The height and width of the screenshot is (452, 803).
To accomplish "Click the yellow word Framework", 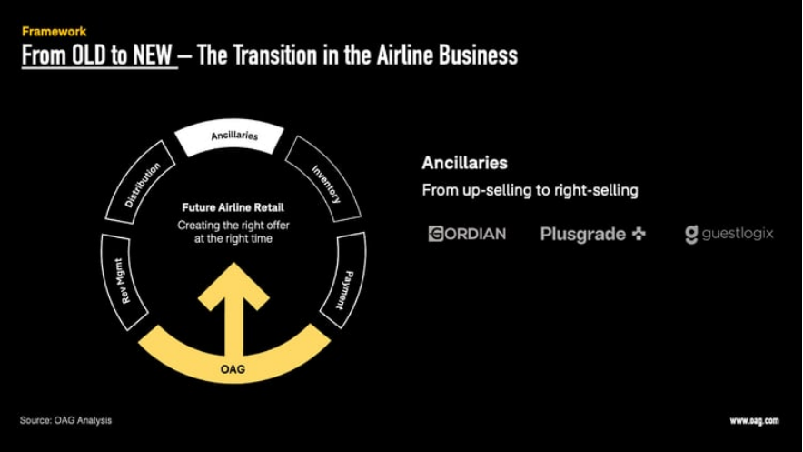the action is [x=54, y=31].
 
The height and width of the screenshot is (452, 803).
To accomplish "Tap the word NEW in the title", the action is [x=152, y=55].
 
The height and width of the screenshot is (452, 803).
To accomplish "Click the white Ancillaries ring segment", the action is [x=230, y=136].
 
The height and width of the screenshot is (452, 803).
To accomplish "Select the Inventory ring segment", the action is [x=324, y=179].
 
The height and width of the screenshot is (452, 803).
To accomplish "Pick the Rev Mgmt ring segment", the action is [x=123, y=281].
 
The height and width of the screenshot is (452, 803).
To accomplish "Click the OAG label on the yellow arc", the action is [x=233, y=369].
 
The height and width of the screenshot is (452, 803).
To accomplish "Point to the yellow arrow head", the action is [x=233, y=286].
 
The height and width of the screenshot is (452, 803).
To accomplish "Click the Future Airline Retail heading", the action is [x=233, y=207].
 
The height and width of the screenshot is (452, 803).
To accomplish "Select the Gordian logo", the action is [x=467, y=234].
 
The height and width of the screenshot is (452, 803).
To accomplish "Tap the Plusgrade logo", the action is [x=593, y=235].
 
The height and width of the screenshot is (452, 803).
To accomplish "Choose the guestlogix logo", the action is [x=729, y=235].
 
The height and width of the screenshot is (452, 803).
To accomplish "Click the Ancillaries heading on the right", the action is [x=464, y=163].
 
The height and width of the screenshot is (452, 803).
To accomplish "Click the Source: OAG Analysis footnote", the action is [x=65, y=420].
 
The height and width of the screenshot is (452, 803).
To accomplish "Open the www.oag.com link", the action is [x=754, y=421].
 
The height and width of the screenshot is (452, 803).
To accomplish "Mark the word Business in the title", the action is [x=478, y=55].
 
